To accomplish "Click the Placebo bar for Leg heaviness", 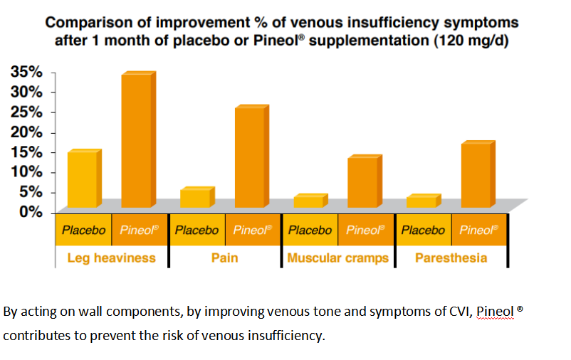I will pyautogui.click(x=82, y=179).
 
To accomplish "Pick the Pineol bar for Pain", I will pyautogui.click(x=249, y=157).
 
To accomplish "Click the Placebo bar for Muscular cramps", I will pyautogui.click(x=308, y=201).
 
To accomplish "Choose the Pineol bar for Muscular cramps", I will pyautogui.click(x=362, y=182).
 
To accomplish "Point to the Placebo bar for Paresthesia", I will pyautogui.click(x=421, y=201).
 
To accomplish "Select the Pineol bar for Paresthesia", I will pyautogui.click(x=476, y=175).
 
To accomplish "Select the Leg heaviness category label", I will pyautogui.click(x=111, y=258).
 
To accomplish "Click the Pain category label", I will pyautogui.click(x=224, y=258).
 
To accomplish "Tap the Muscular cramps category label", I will pyautogui.click(x=337, y=258).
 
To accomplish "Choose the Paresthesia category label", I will pyautogui.click(x=451, y=258).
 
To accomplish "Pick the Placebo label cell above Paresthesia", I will pyautogui.click(x=423, y=230).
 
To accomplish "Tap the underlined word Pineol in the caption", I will pyautogui.click(x=494, y=312).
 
